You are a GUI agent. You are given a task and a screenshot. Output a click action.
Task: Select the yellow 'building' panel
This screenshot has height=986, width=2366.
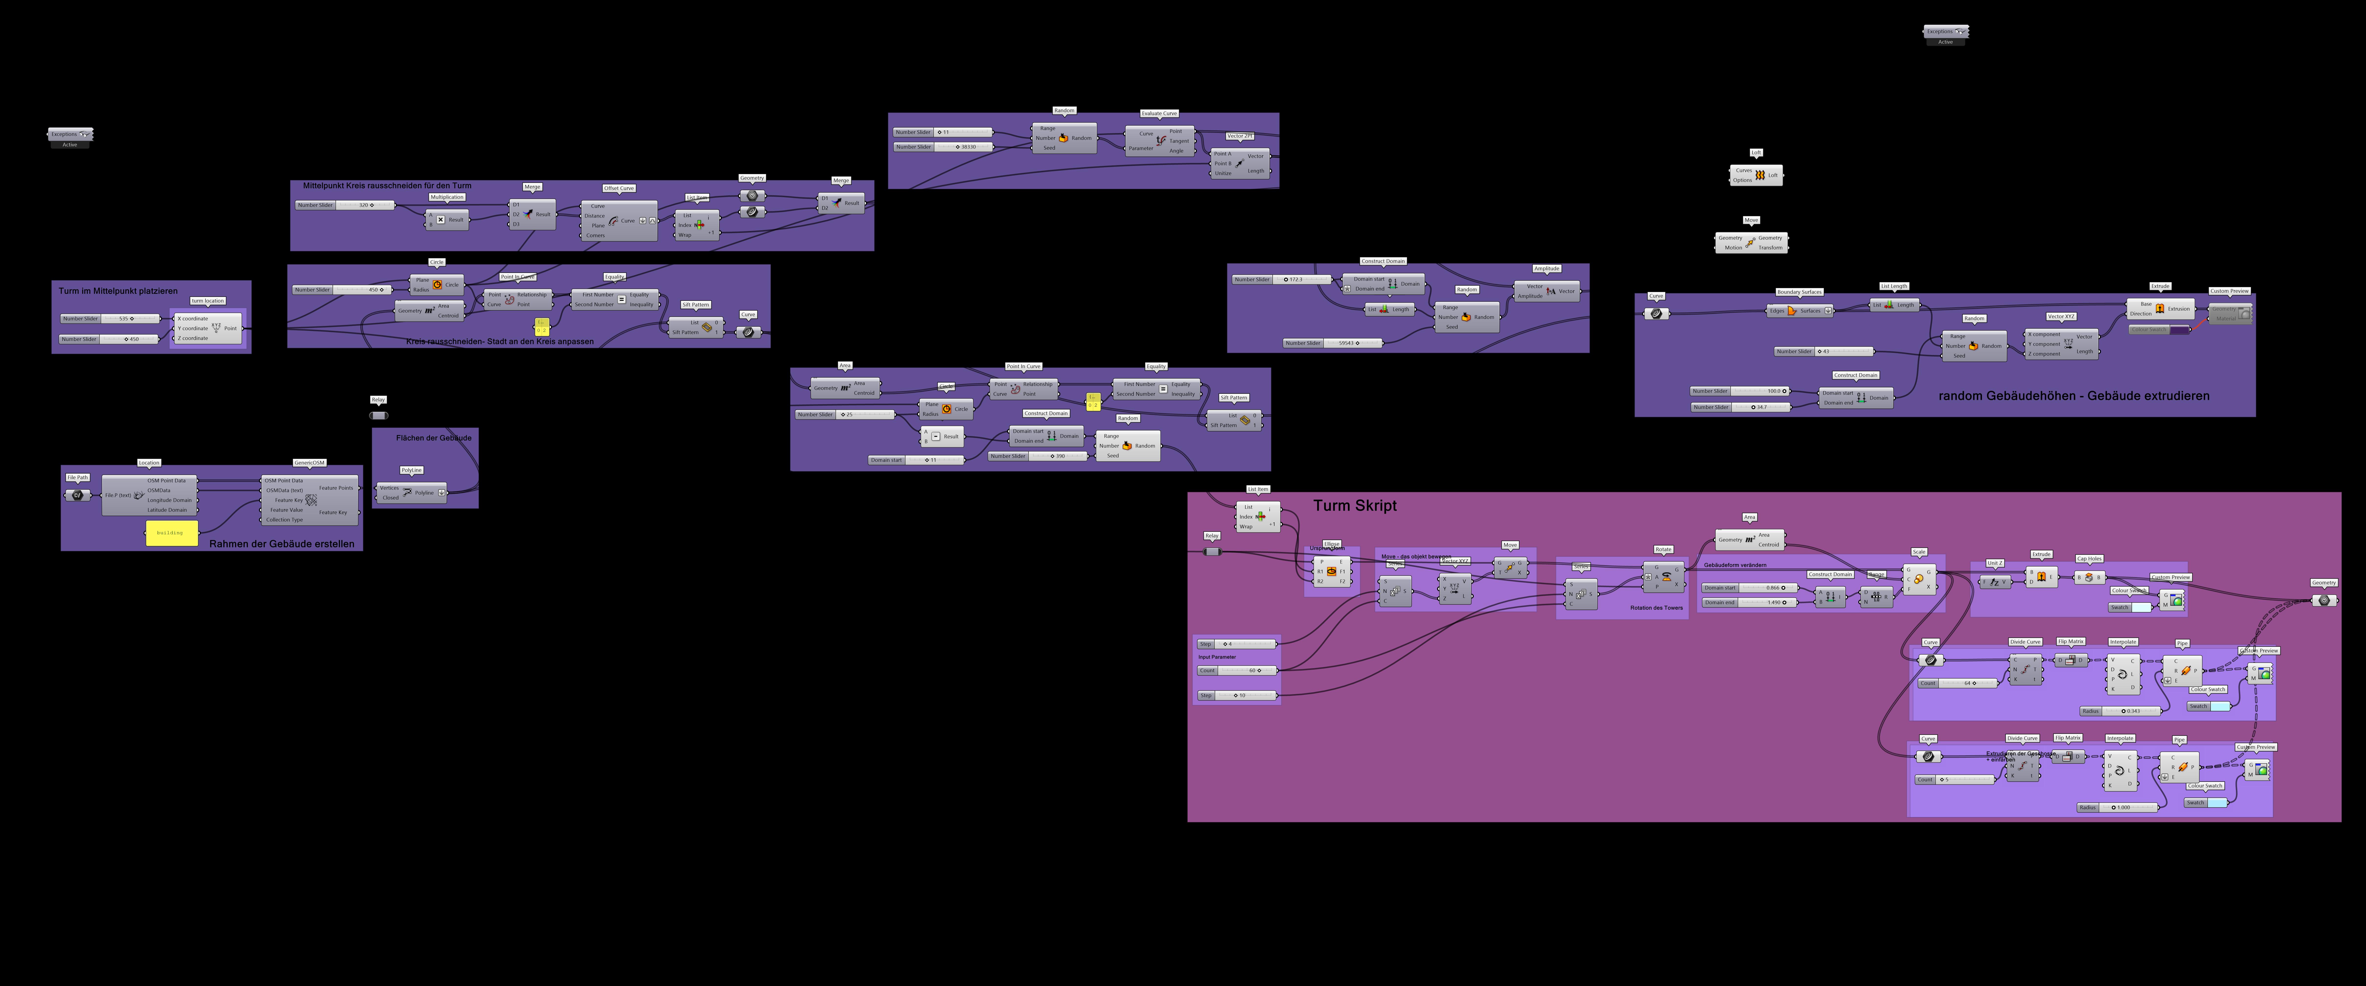pos(172,533)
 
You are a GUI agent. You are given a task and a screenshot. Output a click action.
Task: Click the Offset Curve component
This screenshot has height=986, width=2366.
pos(618,220)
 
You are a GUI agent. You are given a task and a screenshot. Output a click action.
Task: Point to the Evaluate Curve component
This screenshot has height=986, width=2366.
pos(1160,140)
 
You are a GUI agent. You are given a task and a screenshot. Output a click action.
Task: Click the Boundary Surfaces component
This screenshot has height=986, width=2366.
pos(1798,310)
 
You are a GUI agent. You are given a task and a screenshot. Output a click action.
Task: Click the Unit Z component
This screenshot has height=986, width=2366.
pos(1995,582)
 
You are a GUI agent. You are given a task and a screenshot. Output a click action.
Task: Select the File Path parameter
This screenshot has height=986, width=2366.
pos(77,495)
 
